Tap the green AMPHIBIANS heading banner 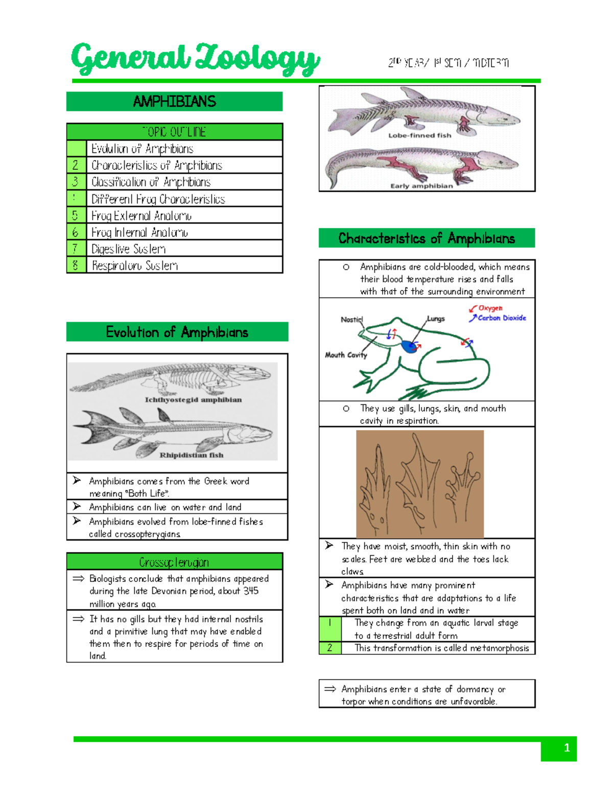pos(174,102)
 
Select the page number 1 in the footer pos(566,748)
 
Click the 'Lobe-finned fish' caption pos(419,135)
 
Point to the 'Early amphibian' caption pos(421,186)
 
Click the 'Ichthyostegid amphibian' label pos(193,400)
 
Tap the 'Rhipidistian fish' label pos(192,455)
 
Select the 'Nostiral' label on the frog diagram pos(351,320)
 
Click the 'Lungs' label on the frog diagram pos(436,319)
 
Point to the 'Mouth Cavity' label pos(346,355)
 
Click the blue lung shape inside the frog pos(409,347)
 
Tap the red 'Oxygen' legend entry pos(490,308)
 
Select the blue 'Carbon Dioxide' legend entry pos(501,318)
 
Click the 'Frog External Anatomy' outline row pos(142,216)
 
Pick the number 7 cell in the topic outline pos(76,249)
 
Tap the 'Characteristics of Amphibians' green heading pos(427,238)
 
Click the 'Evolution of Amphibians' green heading pos(177,332)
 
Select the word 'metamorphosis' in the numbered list pos(499,648)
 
